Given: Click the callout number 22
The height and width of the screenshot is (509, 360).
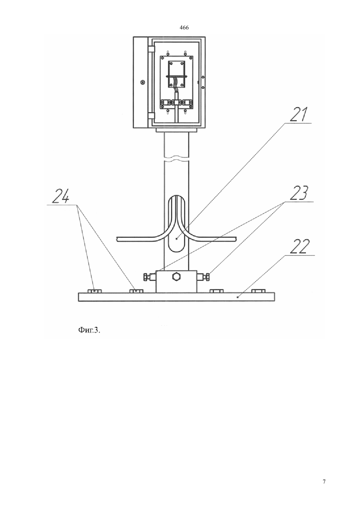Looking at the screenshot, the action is coord(299,247).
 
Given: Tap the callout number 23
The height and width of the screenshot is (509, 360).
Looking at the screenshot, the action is coord(299,193).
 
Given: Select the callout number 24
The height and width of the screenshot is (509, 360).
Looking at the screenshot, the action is coord(61,196).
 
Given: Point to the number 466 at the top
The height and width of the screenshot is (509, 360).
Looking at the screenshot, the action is coord(184,28).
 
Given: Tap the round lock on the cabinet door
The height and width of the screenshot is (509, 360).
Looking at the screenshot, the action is coord(142,82).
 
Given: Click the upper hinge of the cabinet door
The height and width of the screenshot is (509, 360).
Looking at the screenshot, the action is coord(151,49).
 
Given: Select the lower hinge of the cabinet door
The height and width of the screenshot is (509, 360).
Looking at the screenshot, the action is coord(151,115).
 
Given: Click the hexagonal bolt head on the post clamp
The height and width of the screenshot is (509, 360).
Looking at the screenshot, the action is coord(177,277).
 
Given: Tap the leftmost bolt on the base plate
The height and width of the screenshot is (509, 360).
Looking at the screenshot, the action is coord(94,291).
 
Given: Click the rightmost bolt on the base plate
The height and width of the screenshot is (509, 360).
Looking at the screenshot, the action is coord(259,291).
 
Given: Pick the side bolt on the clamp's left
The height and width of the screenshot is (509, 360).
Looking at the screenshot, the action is coord(149,277).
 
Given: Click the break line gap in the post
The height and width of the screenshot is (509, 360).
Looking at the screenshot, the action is coord(176,158).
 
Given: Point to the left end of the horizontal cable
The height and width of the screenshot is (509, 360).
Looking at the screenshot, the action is coord(117,239).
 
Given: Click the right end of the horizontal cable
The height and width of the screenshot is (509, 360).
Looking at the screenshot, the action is coord(236,239).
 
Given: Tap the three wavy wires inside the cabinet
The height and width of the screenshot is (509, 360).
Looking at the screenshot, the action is coord(176,84).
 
